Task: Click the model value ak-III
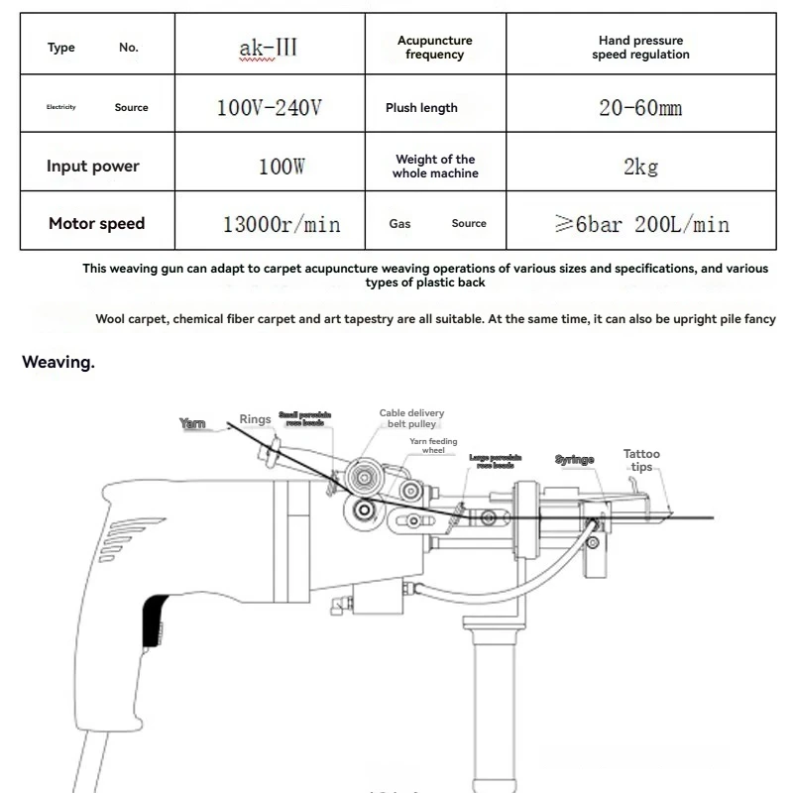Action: coord(268,47)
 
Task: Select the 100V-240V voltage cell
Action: coord(269,107)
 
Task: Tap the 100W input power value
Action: coord(281,167)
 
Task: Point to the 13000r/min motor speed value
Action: coord(281,224)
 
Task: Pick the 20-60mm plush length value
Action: coord(640,107)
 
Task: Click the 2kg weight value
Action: coord(640,167)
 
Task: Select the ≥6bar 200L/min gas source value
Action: coord(641,224)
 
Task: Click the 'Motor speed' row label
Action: coord(96,224)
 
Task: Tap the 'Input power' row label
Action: coord(92,167)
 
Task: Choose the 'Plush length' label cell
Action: coord(421,108)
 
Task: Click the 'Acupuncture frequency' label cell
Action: coord(434,48)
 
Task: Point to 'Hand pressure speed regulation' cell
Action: coord(640,48)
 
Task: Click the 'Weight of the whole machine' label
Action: coord(435,167)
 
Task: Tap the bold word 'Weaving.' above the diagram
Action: coord(58,363)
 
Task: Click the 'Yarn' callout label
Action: coord(192,423)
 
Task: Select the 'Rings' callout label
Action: coord(255,419)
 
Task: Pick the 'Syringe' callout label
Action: coord(574,460)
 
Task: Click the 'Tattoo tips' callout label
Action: coord(641,460)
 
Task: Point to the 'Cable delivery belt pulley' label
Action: coord(411,418)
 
